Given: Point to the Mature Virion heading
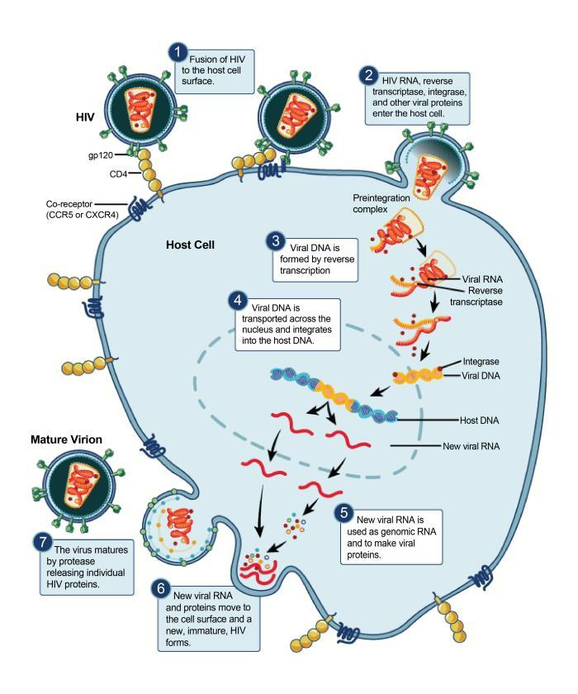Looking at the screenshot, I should click(x=66, y=440).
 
